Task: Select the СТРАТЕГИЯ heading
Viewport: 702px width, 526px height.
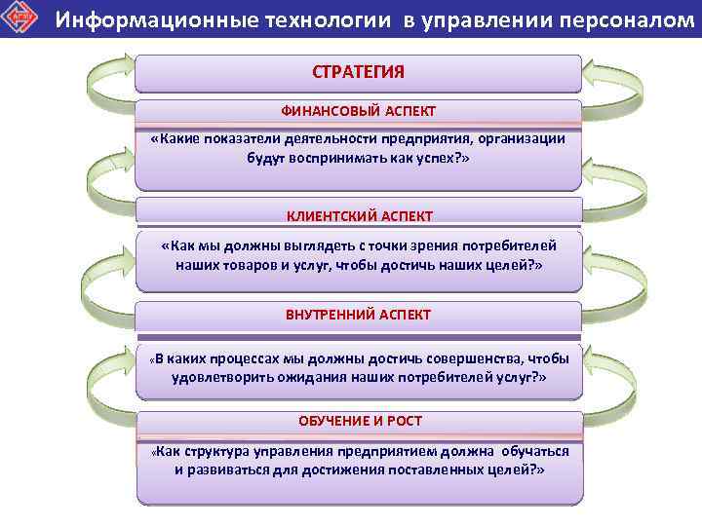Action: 358,72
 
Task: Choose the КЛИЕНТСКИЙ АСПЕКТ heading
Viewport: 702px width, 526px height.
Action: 359,215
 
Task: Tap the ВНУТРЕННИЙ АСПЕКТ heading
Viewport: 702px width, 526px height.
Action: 358,316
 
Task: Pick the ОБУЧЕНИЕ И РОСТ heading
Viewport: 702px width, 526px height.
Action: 359,420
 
